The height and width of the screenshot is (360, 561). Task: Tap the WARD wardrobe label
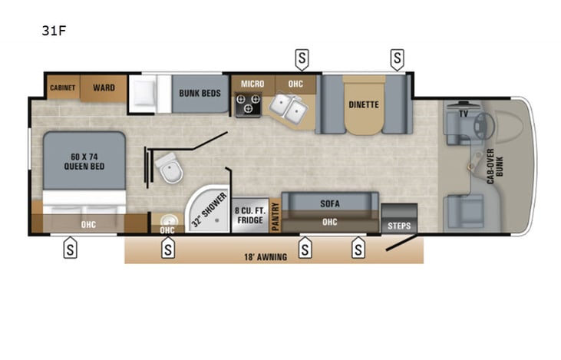tap(104, 88)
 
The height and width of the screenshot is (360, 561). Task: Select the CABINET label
tap(63, 88)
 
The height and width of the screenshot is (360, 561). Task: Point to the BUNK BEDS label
tap(200, 93)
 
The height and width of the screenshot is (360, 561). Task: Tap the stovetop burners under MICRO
tap(248, 105)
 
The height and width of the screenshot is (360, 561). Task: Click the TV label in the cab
tap(463, 113)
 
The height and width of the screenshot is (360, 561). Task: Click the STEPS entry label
tap(399, 226)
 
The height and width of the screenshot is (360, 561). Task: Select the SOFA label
tap(329, 203)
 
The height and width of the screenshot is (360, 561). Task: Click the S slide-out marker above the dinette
tap(397, 57)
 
